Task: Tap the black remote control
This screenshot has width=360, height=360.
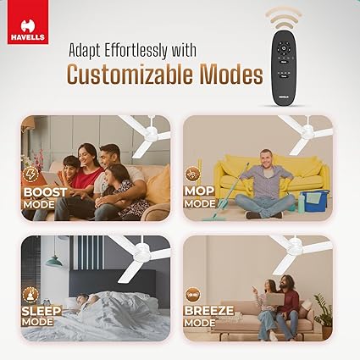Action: pos(284,67)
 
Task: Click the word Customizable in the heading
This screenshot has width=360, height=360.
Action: pos(131,75)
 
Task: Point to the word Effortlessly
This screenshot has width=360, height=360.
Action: pos(136,51)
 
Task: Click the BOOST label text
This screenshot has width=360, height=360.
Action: pos(45,192)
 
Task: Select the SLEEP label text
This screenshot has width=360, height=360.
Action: pos(42,311)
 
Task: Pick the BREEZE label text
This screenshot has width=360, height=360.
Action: pos(209,311)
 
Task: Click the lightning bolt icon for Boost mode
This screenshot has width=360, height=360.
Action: pos(30,174)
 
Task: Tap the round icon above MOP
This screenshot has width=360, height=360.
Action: pos(193,174)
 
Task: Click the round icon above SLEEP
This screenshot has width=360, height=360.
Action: pos(30,294)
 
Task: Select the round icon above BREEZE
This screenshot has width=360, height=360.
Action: pos(193,294)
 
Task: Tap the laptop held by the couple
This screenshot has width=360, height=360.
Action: pos(274,299)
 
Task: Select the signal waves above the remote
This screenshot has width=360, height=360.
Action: pos(284,18)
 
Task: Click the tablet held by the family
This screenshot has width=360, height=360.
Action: pos(52,179)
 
